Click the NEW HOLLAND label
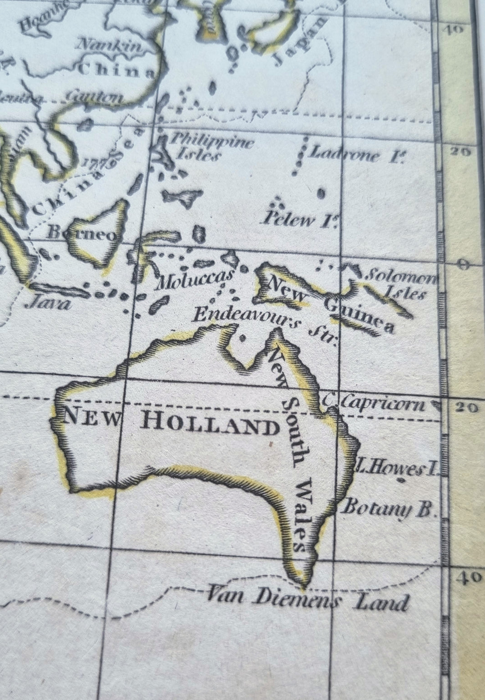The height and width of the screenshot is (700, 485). (171, 422)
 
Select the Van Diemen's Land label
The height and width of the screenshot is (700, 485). (308, 599)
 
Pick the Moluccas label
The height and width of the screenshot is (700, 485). (195, 279)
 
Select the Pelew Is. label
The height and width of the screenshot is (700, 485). (300, 219)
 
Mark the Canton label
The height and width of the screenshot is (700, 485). (94, 96)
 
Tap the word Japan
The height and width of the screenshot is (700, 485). (299, 41)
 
